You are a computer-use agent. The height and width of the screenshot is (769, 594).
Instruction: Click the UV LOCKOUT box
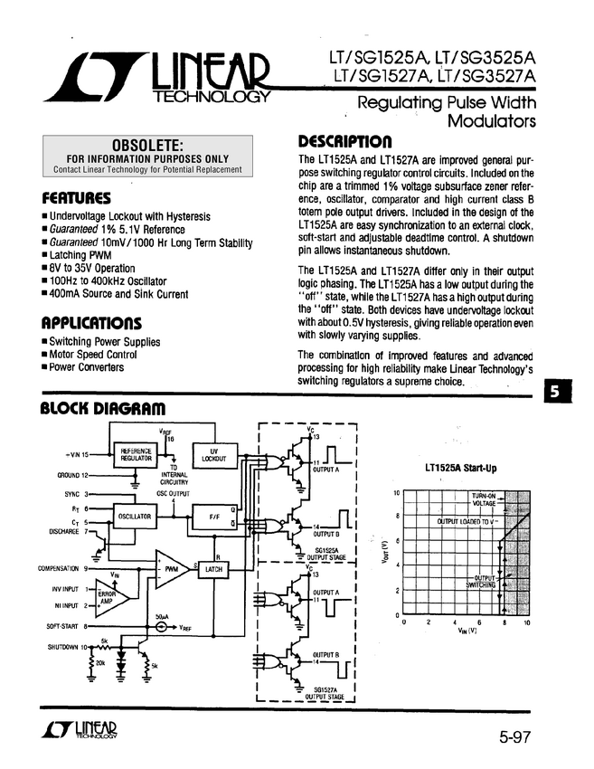coord(214,455)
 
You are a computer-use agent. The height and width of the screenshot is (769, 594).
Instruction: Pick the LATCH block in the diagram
coord(214,570)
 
